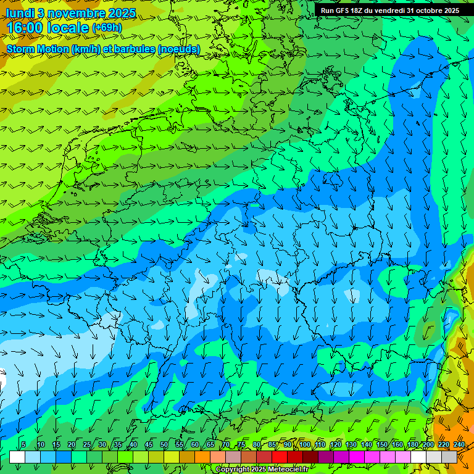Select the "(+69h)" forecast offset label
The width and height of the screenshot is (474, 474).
coord(107,28)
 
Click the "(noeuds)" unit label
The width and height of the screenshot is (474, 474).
coord(179,49)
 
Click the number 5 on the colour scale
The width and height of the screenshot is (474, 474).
coord(23,444)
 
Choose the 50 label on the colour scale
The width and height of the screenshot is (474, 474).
coord(164,444)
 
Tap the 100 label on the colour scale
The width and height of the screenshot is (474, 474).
coord(304,444)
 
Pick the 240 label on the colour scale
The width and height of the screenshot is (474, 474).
coord(459,444)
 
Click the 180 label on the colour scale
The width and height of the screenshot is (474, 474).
coord(412,444)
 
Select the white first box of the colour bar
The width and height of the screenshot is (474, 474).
coord(17,457)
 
